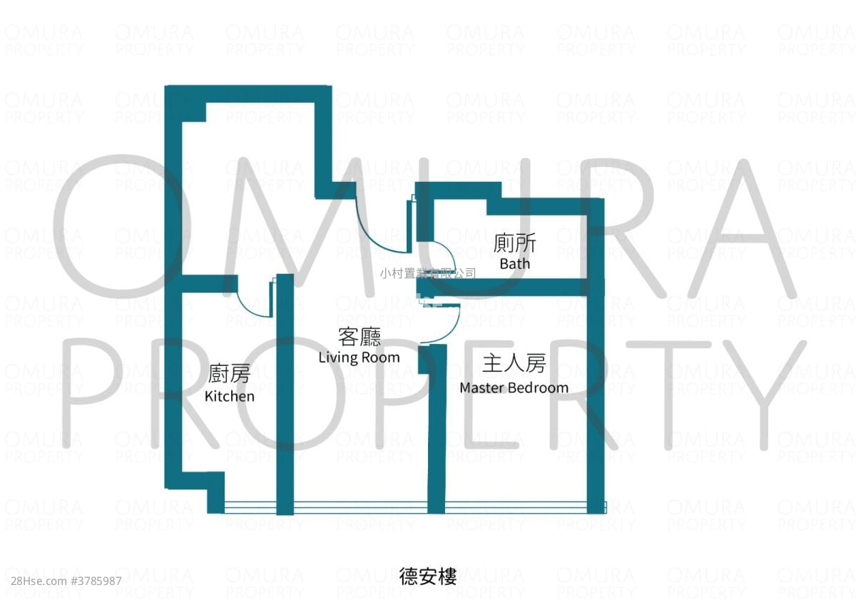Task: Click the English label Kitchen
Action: pyautogui.click(x=229, y=396)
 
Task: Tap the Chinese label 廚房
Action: pyautogui.click(x=229, y=373)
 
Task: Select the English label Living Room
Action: pyautogui.click(x=359, y=357)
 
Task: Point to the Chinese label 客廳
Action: pyautogui.click(x=359, y=336)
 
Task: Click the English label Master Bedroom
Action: pyautogui.click(x=514, y=388)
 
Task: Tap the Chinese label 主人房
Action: pyautogui.click(x=514, y=364)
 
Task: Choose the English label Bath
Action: pyautogui.click(x=514, y=264)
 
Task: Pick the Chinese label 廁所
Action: pyautogui.click(x=514, y=243)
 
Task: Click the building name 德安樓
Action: pyautogui.click(x=428, y=576)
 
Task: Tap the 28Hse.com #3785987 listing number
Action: pyautogui.click(x=62, y=581)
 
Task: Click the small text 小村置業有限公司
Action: pyautogui.click(x=428, y=273)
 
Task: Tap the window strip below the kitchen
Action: pyautogui.click(x=250, y=507)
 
